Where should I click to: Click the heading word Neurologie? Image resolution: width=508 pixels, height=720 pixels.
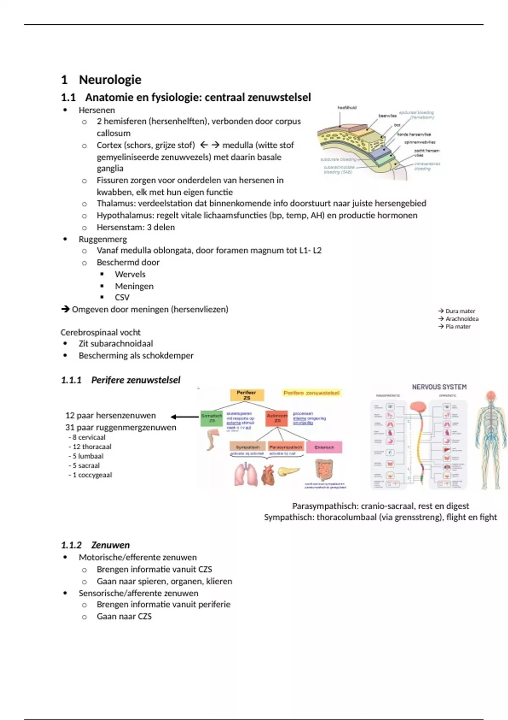110,80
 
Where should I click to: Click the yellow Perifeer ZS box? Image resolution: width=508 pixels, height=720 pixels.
247,395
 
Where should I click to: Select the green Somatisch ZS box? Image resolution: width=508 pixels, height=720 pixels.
211,418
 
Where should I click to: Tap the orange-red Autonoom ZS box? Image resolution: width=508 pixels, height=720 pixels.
277,418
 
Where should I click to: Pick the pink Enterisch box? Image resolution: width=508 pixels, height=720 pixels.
324,447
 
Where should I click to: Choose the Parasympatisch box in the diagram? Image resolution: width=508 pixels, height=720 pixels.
286,447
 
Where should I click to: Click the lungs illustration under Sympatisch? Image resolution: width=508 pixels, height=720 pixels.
246,474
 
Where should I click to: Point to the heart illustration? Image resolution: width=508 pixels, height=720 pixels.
268,475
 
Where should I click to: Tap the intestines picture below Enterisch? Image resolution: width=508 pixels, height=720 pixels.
324,470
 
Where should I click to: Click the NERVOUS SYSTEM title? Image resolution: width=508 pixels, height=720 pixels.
439,387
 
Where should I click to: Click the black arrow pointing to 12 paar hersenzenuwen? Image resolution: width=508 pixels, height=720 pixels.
185,417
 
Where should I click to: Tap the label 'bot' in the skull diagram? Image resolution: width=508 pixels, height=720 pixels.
397,125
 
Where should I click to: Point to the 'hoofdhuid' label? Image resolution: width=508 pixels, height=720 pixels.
347,108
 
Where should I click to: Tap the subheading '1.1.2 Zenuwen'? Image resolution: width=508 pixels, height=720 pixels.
95,545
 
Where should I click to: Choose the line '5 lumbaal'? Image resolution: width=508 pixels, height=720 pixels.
88,456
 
